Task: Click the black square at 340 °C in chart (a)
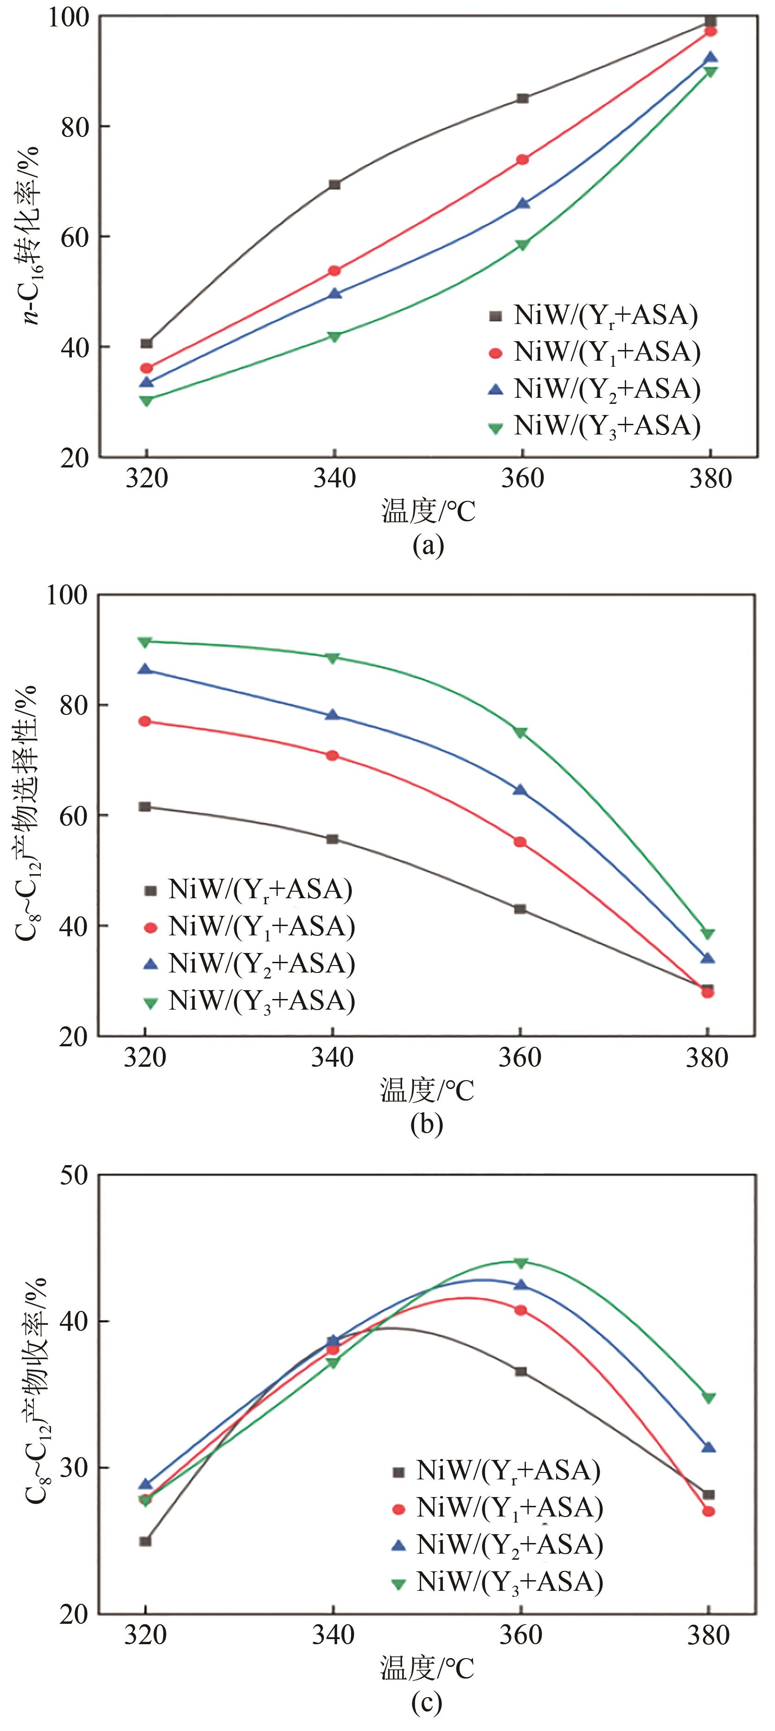click(334, 184)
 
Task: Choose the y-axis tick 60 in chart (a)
click(75, 237)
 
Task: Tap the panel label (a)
click(429, 545)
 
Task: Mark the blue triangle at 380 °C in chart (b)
click(707, 958)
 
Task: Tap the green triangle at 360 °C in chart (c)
click(520, 1262)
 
